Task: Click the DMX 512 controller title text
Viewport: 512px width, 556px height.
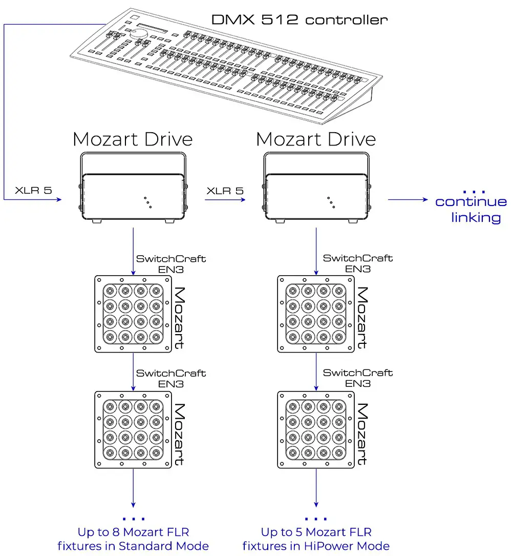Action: pos(300,20)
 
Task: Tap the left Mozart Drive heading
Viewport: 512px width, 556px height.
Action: pos(133,139)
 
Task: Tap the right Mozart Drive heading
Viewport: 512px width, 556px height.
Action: pos(316,139)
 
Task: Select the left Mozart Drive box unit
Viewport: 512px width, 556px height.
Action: pos(133,197)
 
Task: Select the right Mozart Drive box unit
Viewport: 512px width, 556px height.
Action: pos(316,197)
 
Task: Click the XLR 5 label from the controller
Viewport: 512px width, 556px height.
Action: pos(33,191)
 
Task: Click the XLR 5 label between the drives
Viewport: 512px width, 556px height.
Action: pos(225,191)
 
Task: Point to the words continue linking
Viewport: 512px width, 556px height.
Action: pos(471,209)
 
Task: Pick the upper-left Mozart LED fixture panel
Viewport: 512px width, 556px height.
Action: pos(133,314)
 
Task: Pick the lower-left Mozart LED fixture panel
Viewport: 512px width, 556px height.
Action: pos(133,429)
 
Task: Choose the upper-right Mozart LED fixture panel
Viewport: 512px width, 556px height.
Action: pos(316,314)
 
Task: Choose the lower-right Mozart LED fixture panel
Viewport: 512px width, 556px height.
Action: pos(316,429)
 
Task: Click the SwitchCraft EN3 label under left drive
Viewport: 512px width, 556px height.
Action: pos(171,263)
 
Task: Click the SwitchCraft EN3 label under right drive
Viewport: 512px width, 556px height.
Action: pos(358,263)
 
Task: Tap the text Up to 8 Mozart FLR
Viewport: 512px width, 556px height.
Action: pos(133,532)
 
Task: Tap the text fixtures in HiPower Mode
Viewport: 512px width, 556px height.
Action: pos(316,546)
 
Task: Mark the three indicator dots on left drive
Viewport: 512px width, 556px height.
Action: pos(147,201)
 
